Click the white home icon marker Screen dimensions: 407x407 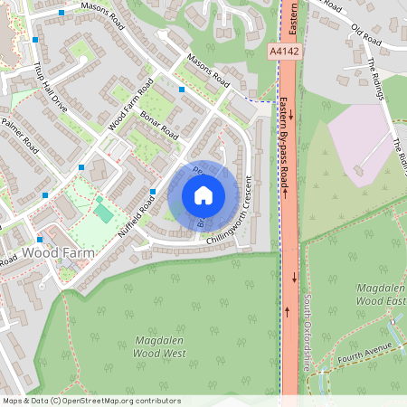(203, 195)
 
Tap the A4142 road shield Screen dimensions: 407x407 (284, 53)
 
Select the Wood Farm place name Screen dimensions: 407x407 (59, 251)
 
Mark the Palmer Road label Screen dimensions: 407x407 (20, 134)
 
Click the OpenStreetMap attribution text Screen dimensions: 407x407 (91, 400)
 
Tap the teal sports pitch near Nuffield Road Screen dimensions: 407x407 (103, 212)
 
